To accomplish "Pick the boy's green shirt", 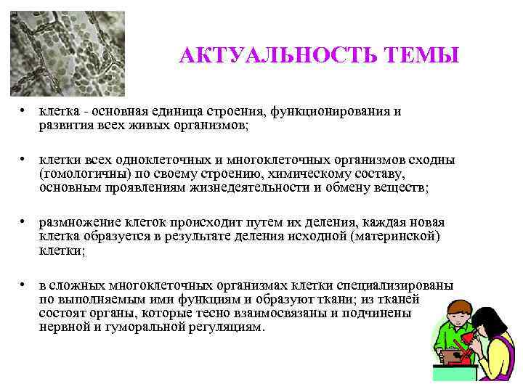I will point(447,341).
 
